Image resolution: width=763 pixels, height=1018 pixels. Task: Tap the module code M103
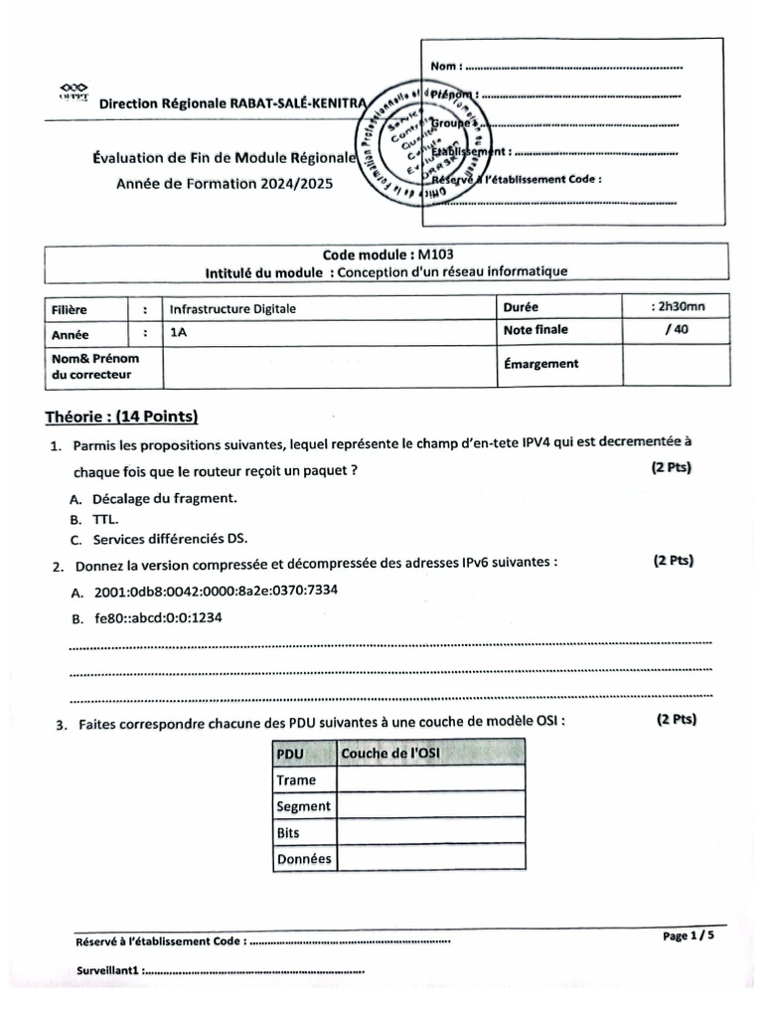[x=436, y=254]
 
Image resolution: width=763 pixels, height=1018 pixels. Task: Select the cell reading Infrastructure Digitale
[x=232, y=309]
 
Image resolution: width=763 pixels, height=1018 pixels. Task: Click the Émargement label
[x=540, y=363]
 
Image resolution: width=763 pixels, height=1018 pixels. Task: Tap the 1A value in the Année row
[x=178, y=335]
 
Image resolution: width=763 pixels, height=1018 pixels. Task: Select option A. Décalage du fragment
[x=153, y=499]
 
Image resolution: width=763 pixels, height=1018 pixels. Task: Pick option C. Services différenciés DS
[x=158, y=541]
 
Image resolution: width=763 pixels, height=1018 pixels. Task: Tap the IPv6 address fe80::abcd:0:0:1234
[x=157, y=618]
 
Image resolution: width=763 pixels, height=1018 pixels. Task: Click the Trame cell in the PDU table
[x=296, y=780]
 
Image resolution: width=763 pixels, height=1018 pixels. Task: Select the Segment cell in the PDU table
[x=303, y=806]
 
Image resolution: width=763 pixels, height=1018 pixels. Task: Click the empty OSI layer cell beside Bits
[x=431, y=832]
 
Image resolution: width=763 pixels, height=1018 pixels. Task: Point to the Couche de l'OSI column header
[x=390, y=755]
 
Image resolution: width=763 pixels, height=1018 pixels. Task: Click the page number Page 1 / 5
[x=687, y=935]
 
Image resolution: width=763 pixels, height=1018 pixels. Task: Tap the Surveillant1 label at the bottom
[x=109, y=969]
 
